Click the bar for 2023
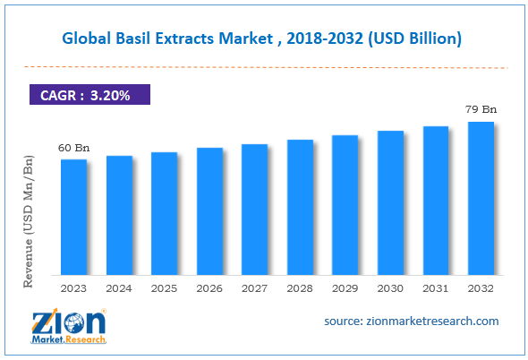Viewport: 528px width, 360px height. pyautogui.click(x=73, y=217)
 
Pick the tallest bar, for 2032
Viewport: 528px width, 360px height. pyautogui.click(x=481, y=198)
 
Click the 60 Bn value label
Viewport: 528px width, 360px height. pyautogui.click(x=73, y=148)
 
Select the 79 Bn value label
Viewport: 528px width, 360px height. pyautogui.click(x=481, y=110)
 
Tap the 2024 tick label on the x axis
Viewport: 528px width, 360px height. pyautogui.click(x=119, y=288)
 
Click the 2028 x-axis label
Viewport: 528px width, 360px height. pyautogui.click(x=300, y=288)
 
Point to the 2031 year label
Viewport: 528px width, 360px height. pyautogui.click(x=436, y=288)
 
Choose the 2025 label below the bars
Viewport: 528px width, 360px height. pyautogui.click(x=164, y=288)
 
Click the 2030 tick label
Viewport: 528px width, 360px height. pyautogui.click(x=390, y=288)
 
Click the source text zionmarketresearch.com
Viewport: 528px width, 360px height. pyautogui.click(x=413, y=321)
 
